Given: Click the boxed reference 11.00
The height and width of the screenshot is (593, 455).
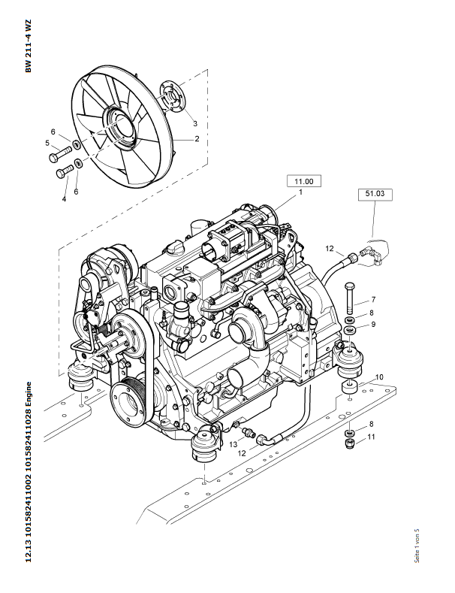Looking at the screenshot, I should pos(304,181).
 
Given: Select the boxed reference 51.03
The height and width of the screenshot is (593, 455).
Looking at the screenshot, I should pos(375,194).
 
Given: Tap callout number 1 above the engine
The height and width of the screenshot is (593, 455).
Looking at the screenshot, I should pos(300,193).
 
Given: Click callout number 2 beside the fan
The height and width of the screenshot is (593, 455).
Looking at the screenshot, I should pos(197,139).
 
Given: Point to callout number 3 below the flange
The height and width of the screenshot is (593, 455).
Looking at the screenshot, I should pos(194,123).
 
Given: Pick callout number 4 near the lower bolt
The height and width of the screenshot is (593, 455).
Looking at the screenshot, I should pos(64,198).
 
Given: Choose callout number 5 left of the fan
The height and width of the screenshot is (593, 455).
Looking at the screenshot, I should pos(47,143).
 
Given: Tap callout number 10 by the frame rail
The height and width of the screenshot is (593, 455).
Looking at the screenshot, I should pos(379,377).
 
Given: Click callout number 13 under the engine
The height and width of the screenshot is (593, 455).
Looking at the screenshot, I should pos(233,445).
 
